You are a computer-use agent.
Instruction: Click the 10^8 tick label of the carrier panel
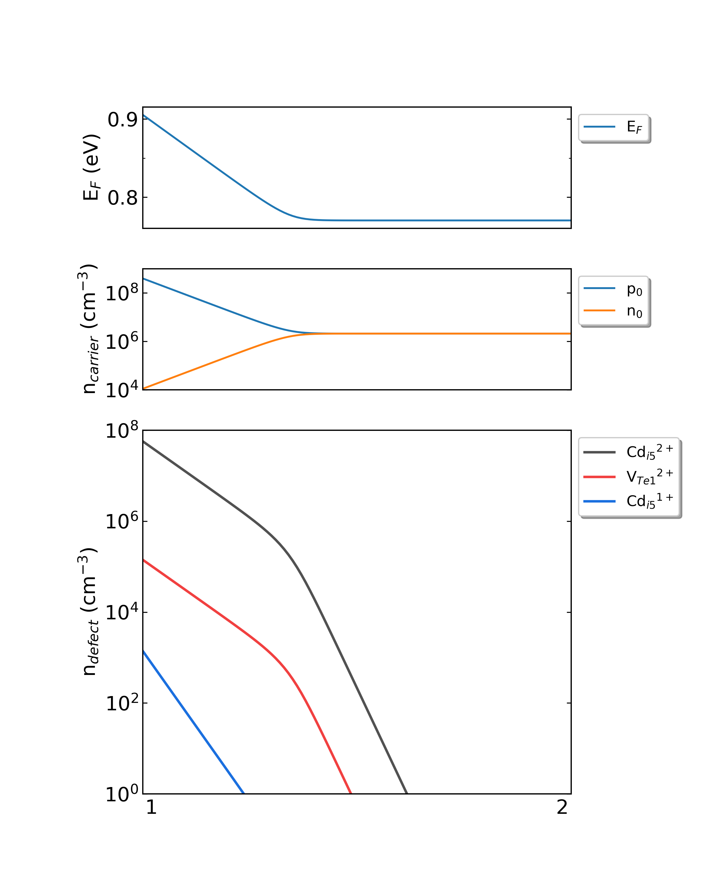122,293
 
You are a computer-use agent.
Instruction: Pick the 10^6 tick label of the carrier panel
122,341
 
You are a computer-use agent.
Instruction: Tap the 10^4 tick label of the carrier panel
122,389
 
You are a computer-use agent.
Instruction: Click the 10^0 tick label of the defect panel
122,794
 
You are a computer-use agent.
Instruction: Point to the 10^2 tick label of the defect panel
122,703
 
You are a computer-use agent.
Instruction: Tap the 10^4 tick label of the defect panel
122,612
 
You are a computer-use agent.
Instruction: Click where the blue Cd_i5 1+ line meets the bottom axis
243,793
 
